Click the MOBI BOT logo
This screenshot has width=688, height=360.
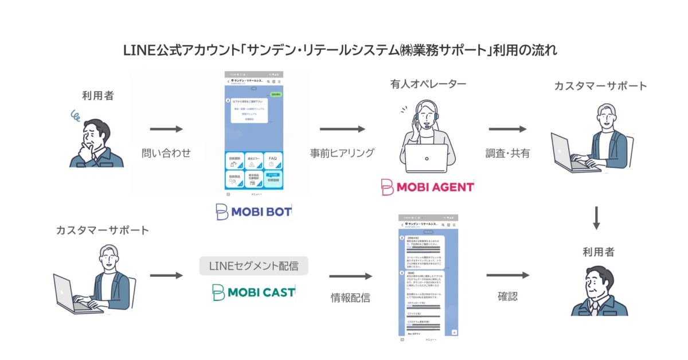click(x=253, y=212)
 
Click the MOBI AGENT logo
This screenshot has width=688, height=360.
click(x=428, y=187)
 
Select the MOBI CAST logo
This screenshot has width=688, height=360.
click(x=253, y=292)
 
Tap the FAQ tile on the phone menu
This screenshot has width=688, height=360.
click(x=272, y=161)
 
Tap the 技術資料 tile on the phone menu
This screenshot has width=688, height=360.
click(x=235, y=161)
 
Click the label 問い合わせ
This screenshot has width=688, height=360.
click(x=166, y=153)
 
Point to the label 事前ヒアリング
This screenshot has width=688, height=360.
click(x=342, y=153)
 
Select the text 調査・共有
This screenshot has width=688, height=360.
click(x=507, y=153)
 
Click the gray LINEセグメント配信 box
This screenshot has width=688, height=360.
click(x=253, y=266)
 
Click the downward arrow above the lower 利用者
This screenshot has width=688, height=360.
click(x=596, y=218)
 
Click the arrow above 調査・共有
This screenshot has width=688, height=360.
click(x=507, y=130)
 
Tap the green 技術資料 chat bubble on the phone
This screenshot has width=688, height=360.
click(x=276, y=93)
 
